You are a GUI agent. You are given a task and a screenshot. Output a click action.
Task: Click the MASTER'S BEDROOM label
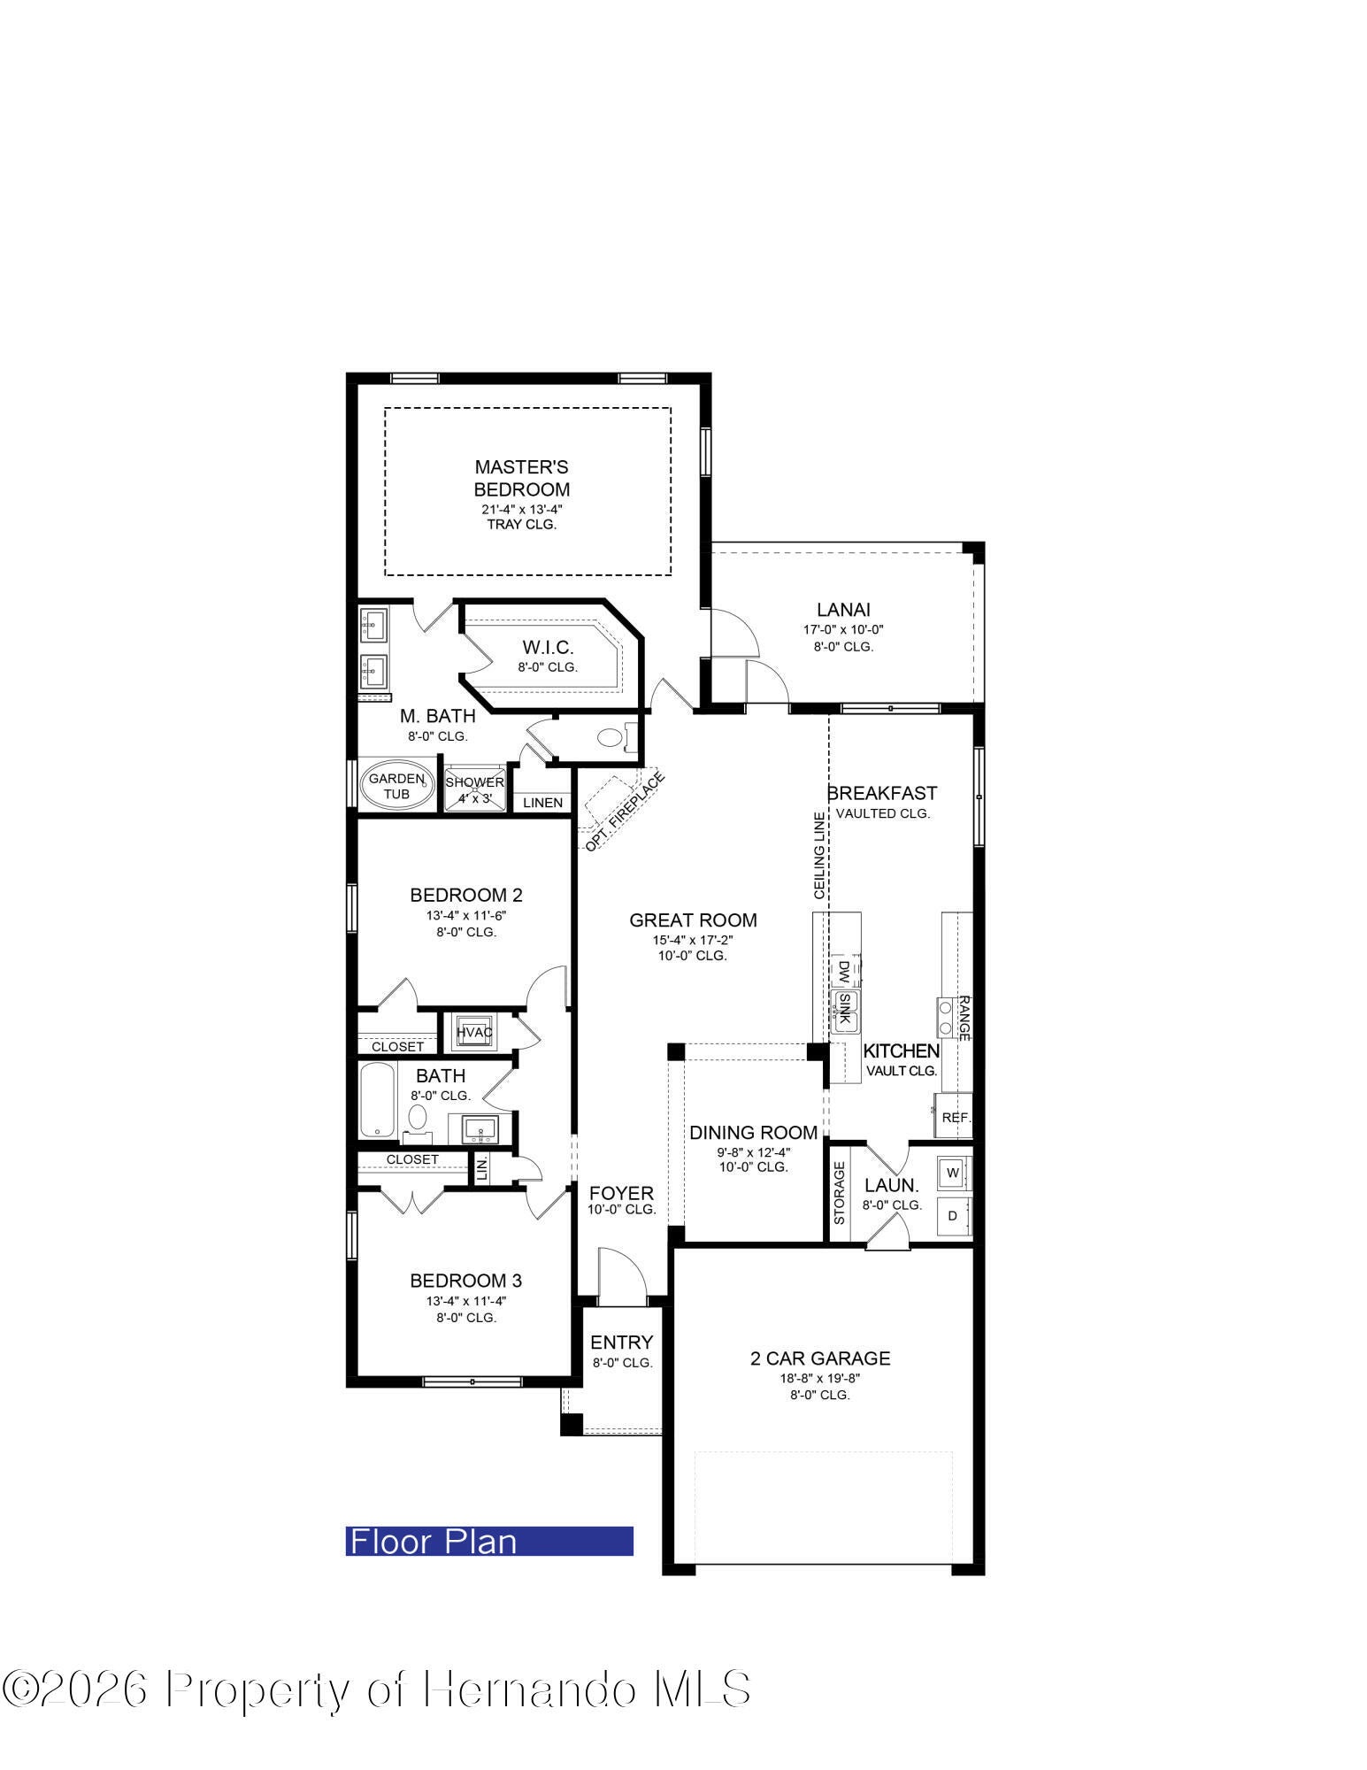(x=521, y=478)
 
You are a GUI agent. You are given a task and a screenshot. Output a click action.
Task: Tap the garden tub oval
(x=397, y=785)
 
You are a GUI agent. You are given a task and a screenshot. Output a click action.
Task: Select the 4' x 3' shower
(x=474, y=787)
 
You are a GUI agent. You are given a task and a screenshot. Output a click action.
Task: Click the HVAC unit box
(x=474, y=1032)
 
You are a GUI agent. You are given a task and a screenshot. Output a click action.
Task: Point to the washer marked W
(x=953, y=1173)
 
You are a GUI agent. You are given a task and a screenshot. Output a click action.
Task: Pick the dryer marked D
(x=953, y=1215)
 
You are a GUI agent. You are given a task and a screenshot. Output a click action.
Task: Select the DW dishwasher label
(x=843, y=973)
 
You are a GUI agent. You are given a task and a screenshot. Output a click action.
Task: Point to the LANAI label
(x=843, y=610)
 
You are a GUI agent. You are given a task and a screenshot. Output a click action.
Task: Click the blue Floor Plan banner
(x=489, y=1541)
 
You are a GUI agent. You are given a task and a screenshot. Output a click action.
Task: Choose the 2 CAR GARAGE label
(x=820, y=1358)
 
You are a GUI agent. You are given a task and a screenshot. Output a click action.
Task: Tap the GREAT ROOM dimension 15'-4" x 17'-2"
(x=694, y=940)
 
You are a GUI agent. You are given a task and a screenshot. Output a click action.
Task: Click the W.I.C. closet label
(x=548, y=648)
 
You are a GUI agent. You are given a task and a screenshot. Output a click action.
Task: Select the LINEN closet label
(x=542, y=803)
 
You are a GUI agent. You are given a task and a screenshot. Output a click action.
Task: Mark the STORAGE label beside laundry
(x=840, y=1192)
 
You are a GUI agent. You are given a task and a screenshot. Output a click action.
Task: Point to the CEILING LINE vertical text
(x=820, y=856)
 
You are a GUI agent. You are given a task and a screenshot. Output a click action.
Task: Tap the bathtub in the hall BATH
(x=377, y=1100)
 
